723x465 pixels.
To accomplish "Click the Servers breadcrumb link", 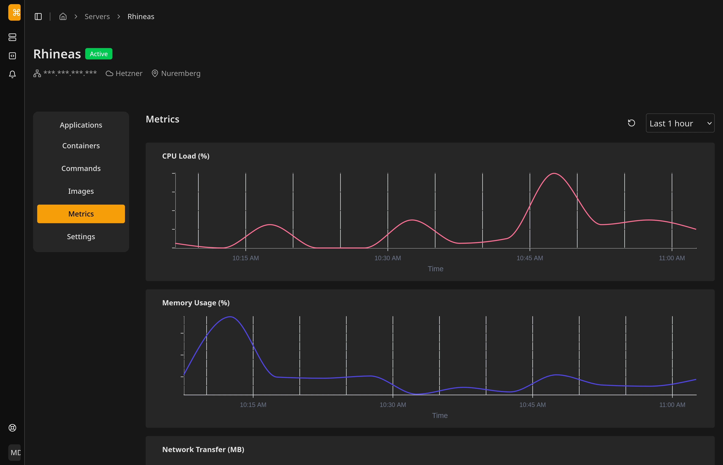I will pyautogui.click(x=97, y=17).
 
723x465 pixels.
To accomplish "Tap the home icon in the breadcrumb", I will pyautogui.click(x=63, y=16).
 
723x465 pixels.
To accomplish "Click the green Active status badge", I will pyautogui.click(x=99, y=54).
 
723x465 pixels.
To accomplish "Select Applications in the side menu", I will pyautogui.click(x=81, y=125).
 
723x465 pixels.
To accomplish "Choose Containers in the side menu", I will pyautogui.click(x=81, y=146).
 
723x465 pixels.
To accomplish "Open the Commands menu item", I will pyautogui.click(x=81, y=168).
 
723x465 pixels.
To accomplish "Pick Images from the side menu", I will pyautogui.click(x=81, y=191).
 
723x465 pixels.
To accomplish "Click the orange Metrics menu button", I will pyautogui.click(x=81, y=214).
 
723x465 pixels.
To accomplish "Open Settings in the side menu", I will pyautogui.click(x=81, y=237).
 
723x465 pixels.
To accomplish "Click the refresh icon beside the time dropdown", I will pyautogui.click(x=631, y=123).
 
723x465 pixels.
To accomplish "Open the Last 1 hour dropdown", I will pyautogui.click(x=680, y=123).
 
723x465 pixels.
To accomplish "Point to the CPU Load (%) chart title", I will pyautogui.click(x=186, y=156).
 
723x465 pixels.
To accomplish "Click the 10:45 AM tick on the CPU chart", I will pyautogui.click(x=530, y=258).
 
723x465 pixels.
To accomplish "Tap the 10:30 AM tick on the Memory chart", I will pyautogui.click(x=393, y=405).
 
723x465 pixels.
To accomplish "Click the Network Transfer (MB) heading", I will pyautogui.click(x=203, y=450).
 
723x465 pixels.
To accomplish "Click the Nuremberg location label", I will pyautogui.click(x=180, y=73).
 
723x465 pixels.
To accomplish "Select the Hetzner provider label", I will pyautogui.click(x=129, y=73).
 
